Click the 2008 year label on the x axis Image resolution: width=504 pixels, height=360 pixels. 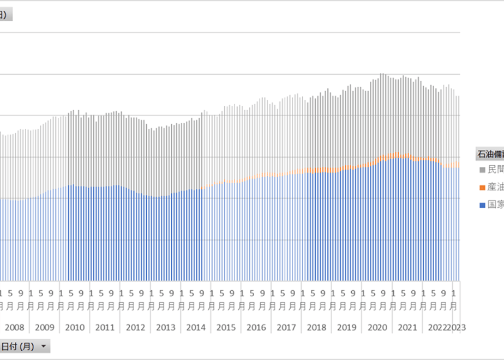coord(14,328)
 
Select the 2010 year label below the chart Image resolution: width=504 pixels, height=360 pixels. coord(75,328)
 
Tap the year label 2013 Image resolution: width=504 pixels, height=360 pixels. coord(165,328)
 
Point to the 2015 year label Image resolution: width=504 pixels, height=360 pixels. coord(226,328)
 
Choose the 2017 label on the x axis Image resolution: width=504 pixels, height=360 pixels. coord(286,328)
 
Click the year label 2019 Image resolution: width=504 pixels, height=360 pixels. coord(347,328)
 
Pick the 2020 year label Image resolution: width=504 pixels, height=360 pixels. coord(377,328)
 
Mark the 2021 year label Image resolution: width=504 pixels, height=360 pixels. coord(407,328)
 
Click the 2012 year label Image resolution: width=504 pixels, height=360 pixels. coord(135,328)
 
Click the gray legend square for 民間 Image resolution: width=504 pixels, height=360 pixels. coord(482,170)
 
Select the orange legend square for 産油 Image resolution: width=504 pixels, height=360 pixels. coord(482,188)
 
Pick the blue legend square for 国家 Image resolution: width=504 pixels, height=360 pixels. coord(482,205)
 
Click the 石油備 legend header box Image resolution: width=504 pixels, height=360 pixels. coord(490,153)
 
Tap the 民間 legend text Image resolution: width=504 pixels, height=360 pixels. coord(495,170)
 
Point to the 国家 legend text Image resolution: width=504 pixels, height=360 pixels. coord(495,205)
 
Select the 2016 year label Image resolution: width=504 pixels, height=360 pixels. coord(256,328)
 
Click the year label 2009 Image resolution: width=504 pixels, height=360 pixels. coord(45,328)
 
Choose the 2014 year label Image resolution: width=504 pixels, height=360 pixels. coord(196,328)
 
